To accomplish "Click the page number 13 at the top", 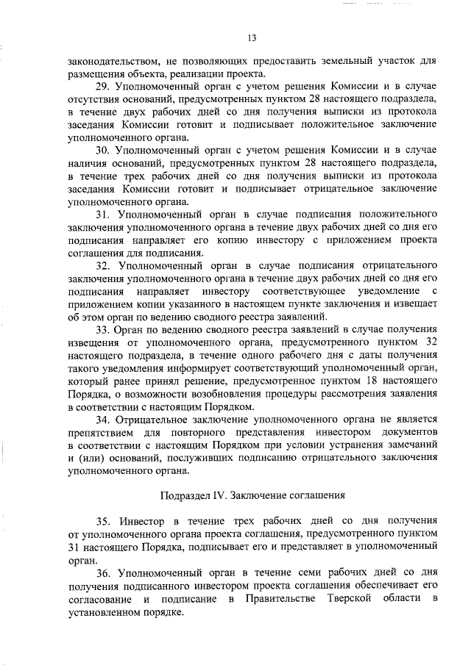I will (251, 37).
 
